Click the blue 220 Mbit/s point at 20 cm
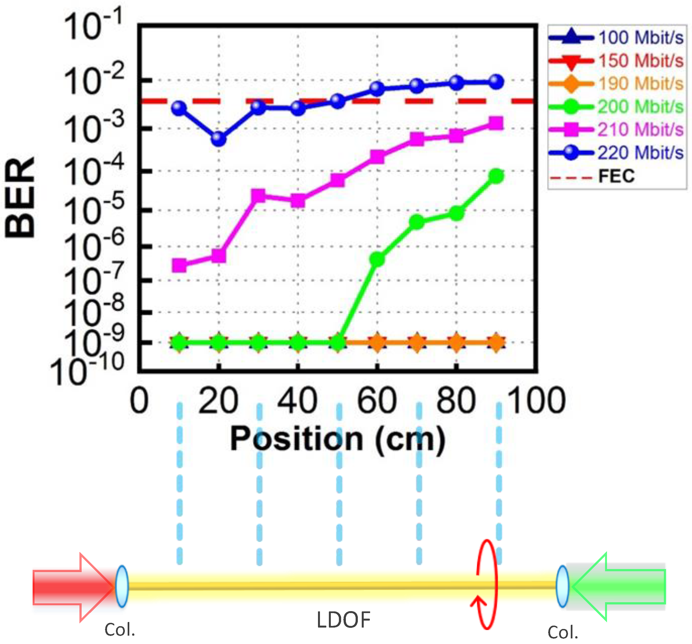[x=218, y=139]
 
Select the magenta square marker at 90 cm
[x=496, y=123]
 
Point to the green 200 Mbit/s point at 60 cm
[x=377, y=259]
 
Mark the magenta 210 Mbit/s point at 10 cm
[x=179, y=265]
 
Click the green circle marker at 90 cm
[x=496, y=176]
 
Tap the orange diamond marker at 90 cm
[x=496, y=342]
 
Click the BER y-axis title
[x=20, y=197]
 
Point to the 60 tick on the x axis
[x=377, y=401]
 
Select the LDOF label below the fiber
[x=343, y=620]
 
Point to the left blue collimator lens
[x=122, y=587]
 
